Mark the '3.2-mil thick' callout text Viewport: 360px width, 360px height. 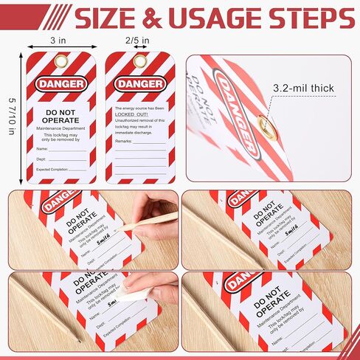coord(303,89)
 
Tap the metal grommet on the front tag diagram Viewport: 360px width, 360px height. coord(59,61)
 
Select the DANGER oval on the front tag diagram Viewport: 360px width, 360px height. coord(59,83)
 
